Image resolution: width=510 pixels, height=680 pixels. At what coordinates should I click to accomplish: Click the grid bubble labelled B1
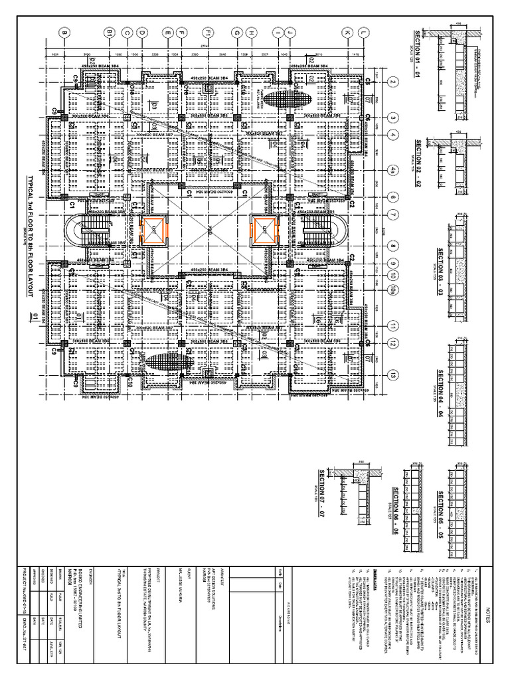[x=110, y=32]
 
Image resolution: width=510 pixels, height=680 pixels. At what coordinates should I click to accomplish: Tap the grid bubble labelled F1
[x=208, y=32]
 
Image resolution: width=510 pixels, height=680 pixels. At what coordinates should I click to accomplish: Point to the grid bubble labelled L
[x=363, y=32]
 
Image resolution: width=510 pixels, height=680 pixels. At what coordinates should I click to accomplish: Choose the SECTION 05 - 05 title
[x=440, y=513]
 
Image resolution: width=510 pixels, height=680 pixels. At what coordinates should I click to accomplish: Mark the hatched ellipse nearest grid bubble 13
[x=164, y=365]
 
